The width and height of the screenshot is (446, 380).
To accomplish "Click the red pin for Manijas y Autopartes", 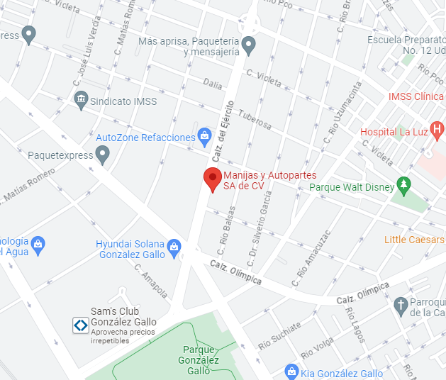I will point(212,179).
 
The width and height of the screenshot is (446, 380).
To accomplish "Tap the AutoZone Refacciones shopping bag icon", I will point(204,135).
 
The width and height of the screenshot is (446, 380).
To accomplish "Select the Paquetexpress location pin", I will point(104,154).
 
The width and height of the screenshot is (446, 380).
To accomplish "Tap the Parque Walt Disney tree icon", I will point(403,186).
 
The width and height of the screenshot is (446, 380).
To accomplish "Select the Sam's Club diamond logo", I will point(81,325).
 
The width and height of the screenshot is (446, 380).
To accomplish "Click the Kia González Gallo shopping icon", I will point(291,371).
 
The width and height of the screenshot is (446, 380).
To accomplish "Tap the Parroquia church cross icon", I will point(400,306).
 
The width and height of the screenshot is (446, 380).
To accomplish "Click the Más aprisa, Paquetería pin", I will point(247,46).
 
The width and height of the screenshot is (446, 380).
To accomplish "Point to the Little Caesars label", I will point(414,240).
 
